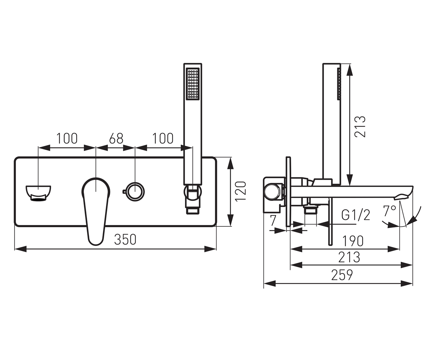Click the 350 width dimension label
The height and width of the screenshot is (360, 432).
click(x=125, y=239)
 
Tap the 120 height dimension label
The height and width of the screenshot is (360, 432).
click(x=241, y=191)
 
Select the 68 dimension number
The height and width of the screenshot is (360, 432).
click(x=116, y=138)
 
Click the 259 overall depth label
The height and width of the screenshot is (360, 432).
click(x=342, y=275)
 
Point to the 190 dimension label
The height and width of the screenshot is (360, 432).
click(x=353, y=241)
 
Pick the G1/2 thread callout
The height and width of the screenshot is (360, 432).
click(x=356, y=215)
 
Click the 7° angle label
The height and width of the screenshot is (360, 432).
click(x=390, y=211)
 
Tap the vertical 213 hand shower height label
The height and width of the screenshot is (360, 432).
click(x=360, y=127)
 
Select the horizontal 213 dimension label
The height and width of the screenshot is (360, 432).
click(x=349, y=257)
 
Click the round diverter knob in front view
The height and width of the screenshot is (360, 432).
click(x=135, y=192)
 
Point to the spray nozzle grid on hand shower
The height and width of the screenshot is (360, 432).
click(x=193, y=84)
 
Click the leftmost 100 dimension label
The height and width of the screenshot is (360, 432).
click(x=67, y=138)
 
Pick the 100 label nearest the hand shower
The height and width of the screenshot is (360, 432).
click(x=163, y=138)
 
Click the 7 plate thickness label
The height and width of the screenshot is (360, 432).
click(x=273, y=221)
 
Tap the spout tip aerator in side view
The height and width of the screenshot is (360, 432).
click(x=401, y=197)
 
